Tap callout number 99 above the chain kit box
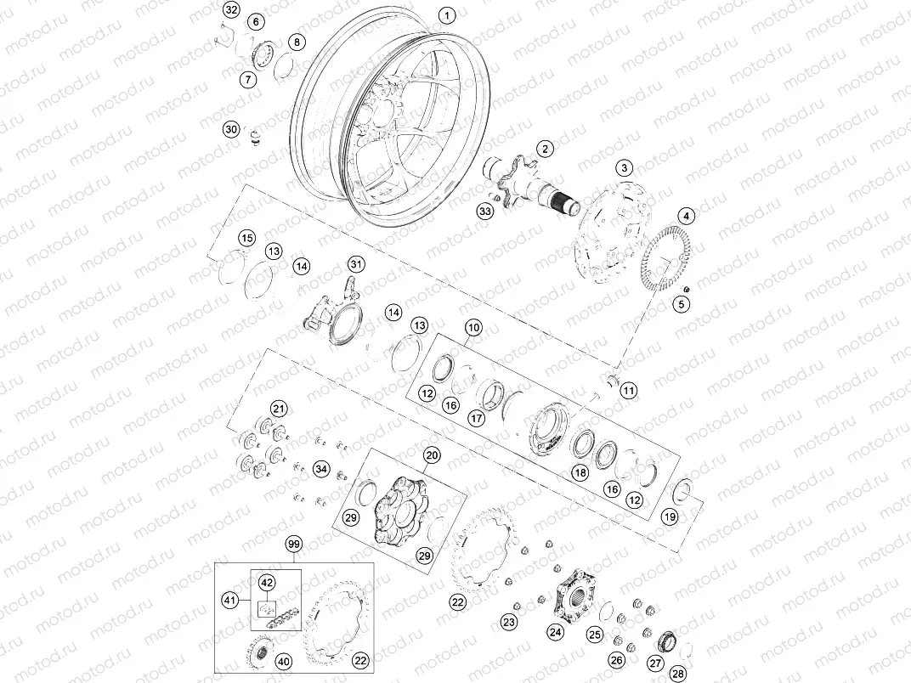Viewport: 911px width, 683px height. click(x=294, y=544)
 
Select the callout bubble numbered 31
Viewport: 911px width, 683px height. click(x=356, y=265)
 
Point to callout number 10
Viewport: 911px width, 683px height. click(x=472, y=327)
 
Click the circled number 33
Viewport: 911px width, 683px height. click(x=485, y=210)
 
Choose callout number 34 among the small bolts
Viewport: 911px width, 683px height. click(x=320, y=468)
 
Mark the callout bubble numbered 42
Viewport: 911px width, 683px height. click(x=267, y=583)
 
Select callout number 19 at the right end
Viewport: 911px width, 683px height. click(x=670, y=516)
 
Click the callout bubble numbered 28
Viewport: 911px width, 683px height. click(x=677, y=673)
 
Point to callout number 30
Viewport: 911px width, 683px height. click(x=231, y=129)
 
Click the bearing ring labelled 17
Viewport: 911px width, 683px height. click(x=492, y=394)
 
